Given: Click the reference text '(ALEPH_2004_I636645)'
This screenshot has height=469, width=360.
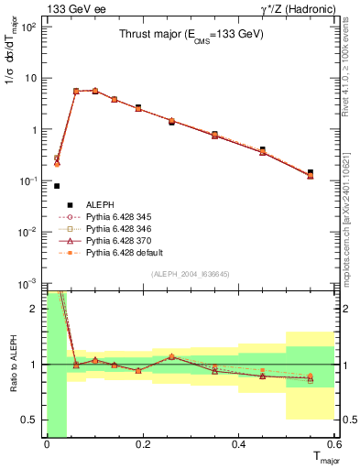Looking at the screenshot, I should click(191, 275).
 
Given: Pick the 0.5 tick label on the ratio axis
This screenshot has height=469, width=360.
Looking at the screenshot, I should click(28, 420).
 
